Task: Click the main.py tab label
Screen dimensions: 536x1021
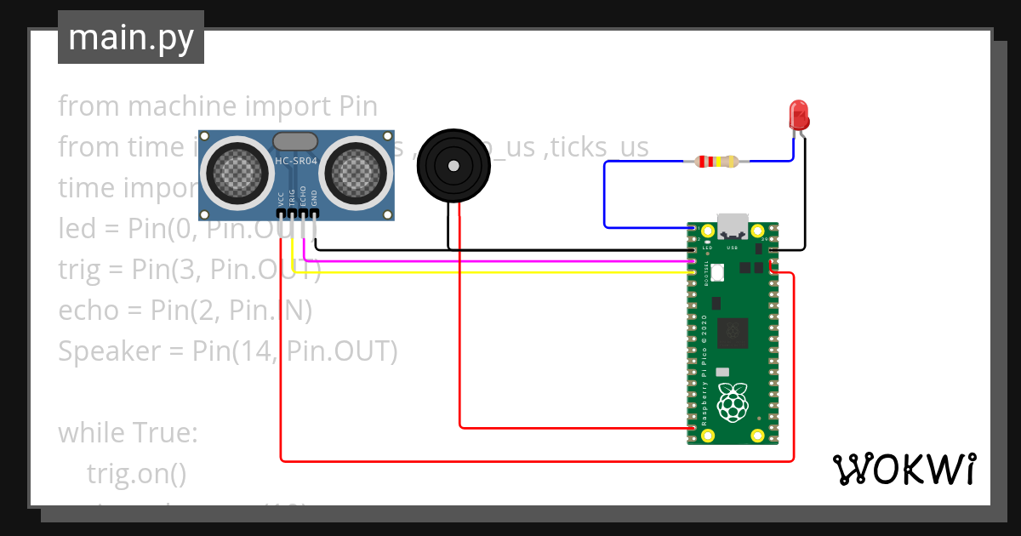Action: [130, 37]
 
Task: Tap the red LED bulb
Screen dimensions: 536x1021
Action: [799, 114]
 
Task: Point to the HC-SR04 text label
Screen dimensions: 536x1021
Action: [296, 161]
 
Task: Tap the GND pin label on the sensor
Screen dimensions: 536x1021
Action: [314, 198]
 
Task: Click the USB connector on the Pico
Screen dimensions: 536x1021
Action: [733, 226]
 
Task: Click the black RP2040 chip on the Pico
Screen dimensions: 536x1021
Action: [733, 332]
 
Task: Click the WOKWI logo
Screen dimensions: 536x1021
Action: [903, 469]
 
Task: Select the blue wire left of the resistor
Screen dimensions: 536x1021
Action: [606, 196]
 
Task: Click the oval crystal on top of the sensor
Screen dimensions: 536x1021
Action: [296, 141]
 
